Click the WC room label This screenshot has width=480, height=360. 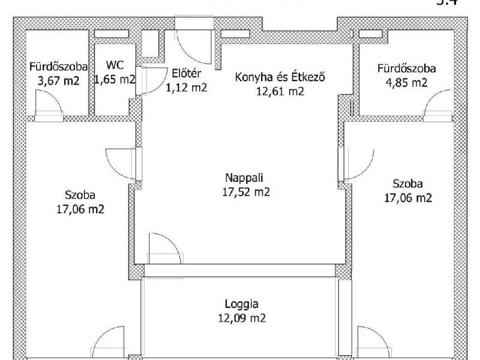tap(115, 65)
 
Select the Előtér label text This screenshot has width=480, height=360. tap(186, 74)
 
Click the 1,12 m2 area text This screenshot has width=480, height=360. tap(186, 88)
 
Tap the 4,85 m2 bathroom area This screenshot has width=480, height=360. tap(406, 82)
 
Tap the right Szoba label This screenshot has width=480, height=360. tap(407, 184)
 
